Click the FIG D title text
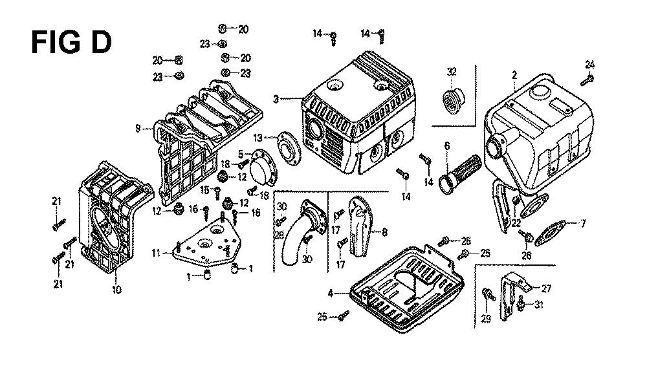pos(71,42)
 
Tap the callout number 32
pos(452,71)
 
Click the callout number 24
pos(590,65)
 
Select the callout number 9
pos(138,129)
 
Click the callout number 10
pos(116,290)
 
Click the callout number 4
pos(330,294)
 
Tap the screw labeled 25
pos(344,316)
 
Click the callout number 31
pos(539,305)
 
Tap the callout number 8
pos(384,232)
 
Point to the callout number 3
pos(276,99)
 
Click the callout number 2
pos(514,75)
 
